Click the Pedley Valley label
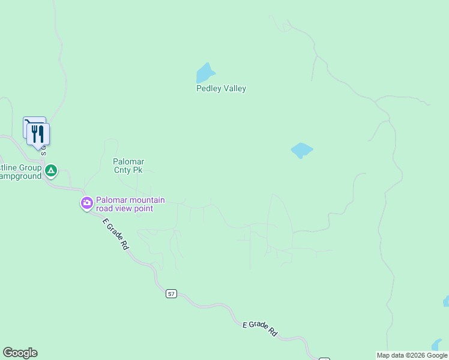point(221,89)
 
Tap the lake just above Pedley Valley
point(205,74)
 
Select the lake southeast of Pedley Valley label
point(301,150)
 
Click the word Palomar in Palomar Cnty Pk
point(128,161)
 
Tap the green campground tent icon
point(52,172)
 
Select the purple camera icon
point(87,204)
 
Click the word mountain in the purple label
point(145,200)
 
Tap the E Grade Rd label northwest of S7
point(115,234)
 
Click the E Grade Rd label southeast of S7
point(260,328)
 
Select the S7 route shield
point(172,294)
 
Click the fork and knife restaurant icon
point(38,134)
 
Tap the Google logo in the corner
point(20,353)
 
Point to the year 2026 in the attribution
point(417,355)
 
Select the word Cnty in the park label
point(122,170)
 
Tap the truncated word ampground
point(20,176)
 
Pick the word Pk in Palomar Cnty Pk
point(137,170)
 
